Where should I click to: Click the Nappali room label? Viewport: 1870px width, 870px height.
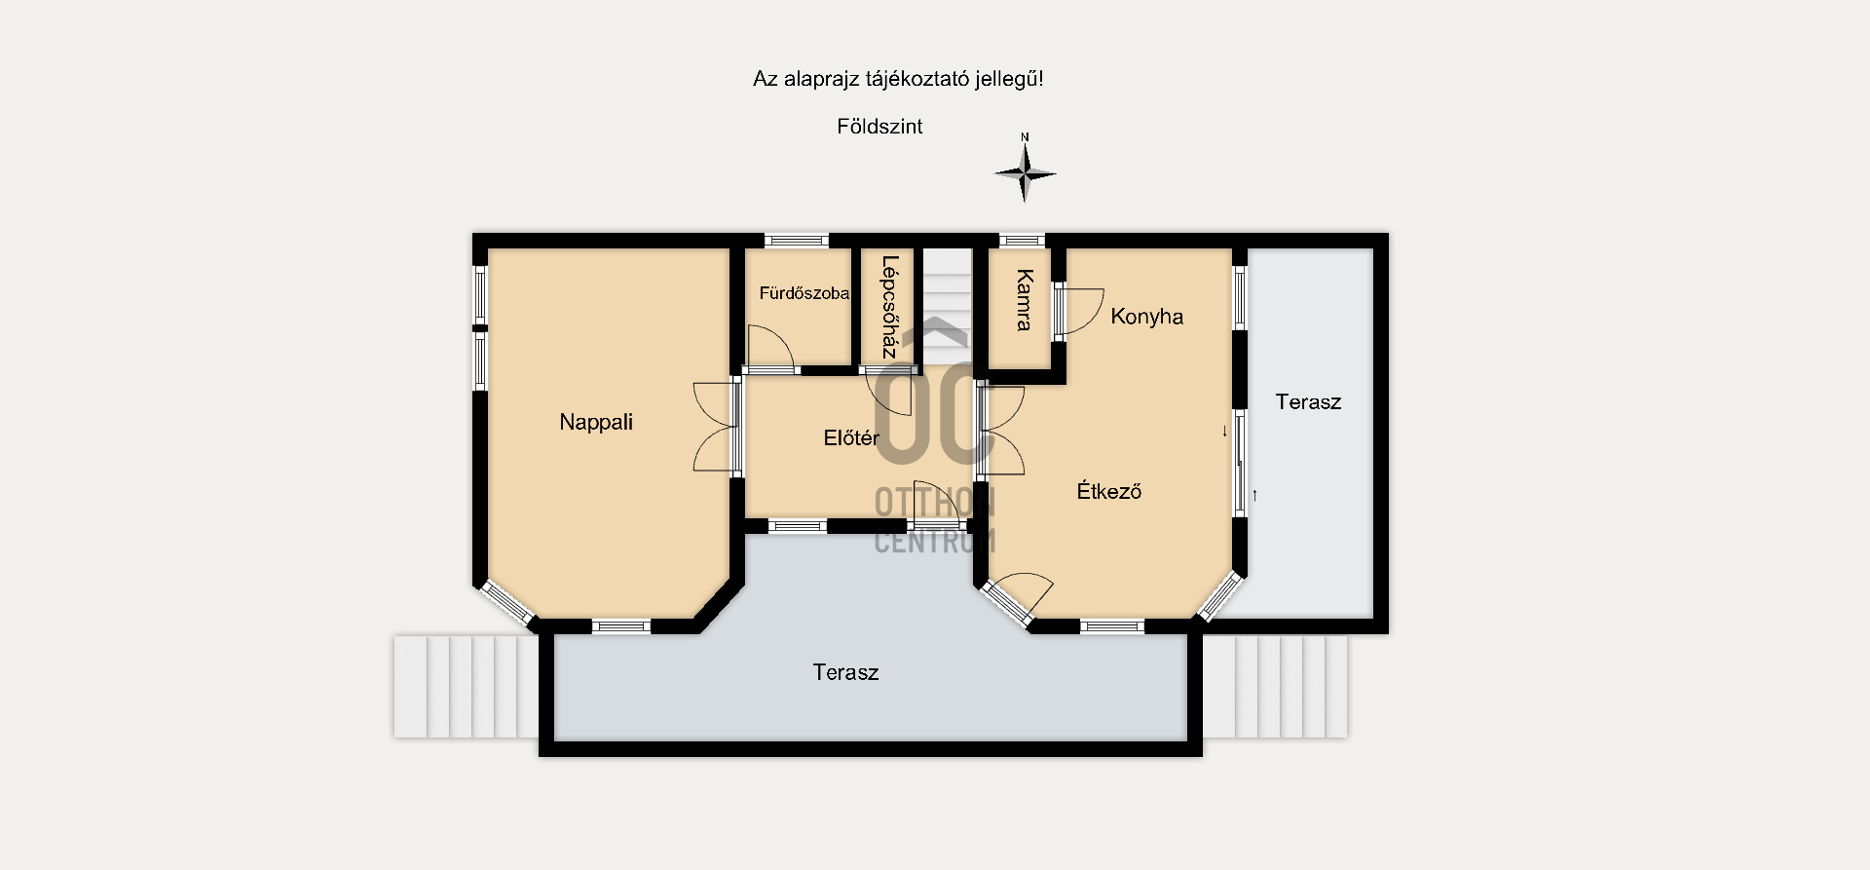pos(596,422)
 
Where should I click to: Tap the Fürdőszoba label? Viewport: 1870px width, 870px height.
pos(804,293)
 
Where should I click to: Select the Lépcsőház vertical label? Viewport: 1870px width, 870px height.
pos(888,307)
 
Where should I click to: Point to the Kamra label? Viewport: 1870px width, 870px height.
pos(1024,300)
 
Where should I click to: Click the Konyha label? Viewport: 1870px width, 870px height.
pos(1147,317)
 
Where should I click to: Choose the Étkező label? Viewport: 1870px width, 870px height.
pos(1109,491)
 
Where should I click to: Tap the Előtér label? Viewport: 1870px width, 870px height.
pos(851,438)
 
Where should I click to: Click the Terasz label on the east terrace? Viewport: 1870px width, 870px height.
pos(1308,401)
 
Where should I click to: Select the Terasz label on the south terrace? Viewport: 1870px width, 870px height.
pos(845,672)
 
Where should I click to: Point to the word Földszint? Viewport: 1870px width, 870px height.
pos(879,127)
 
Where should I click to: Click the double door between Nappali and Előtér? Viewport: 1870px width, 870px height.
pos(717,427)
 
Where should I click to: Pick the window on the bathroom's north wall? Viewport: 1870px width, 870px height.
pos(797,240)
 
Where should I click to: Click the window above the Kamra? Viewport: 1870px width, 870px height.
pos(1023,240)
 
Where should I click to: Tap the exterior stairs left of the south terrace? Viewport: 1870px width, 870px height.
pos(466,686)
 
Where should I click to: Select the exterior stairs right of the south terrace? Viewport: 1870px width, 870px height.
pos(1275,686)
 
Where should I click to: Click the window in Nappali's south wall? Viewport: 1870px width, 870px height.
pos(621,626)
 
